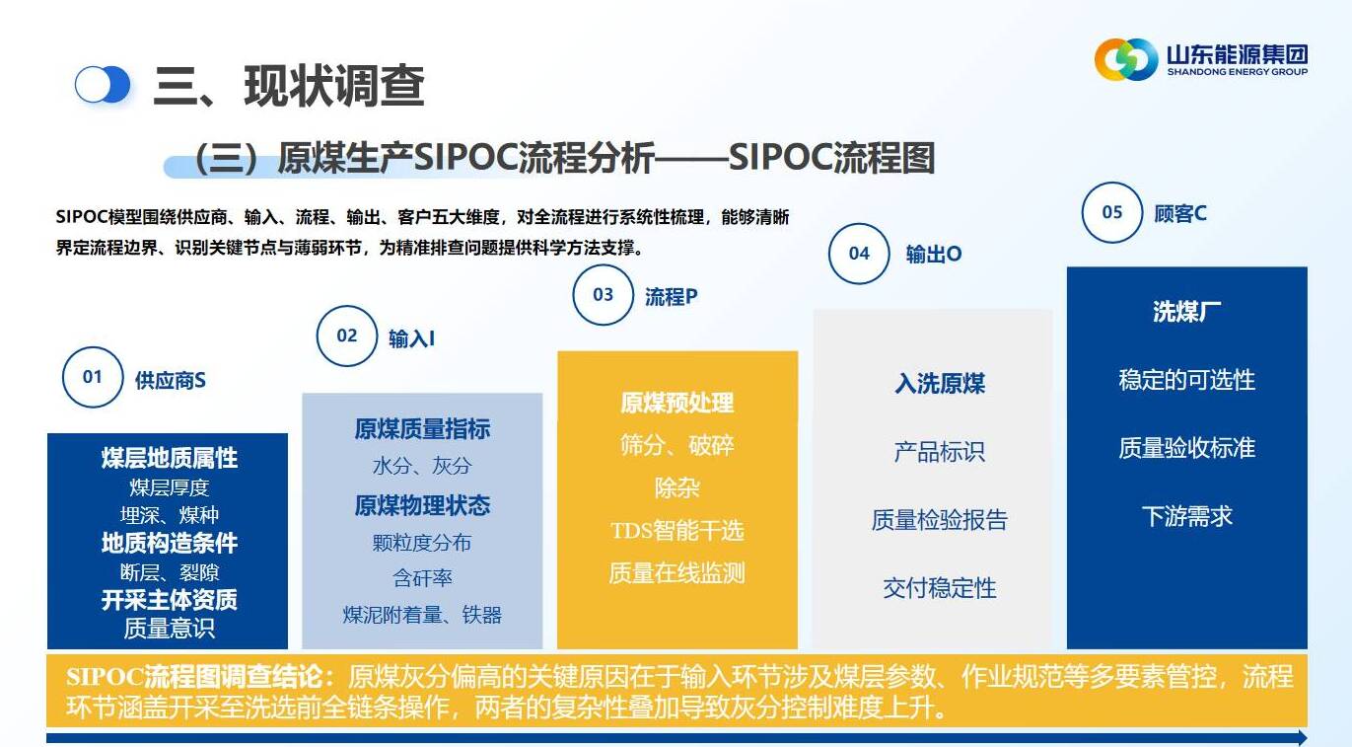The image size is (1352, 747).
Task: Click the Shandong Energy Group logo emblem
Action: tap(1126, 59)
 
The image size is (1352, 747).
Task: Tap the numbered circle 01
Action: tap(93, 377)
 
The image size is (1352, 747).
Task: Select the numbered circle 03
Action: tap(603, 295)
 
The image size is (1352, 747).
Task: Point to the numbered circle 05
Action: tap(1111, 212)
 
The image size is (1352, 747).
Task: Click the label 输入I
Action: tap(411, 338)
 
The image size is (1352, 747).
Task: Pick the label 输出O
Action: tap(934, 255)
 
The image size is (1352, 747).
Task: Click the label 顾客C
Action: tap(1180, 214)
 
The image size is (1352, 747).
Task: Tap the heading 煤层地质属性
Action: tap(169, 458)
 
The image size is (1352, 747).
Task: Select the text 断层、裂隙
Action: tap(169, 572)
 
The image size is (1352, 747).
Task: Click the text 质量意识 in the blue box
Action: tap(169, 629)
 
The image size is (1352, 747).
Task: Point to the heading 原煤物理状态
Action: tap(422, 505)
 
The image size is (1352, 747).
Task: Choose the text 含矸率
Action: tap(422, 578)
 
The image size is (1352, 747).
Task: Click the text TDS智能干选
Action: tap(677, 531)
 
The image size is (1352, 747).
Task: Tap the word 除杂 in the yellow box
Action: tap(677, 487)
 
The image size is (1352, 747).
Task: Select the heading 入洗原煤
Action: tap(940, 384)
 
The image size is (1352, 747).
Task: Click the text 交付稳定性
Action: tap(940, 588)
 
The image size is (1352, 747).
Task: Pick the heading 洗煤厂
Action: tap(1186, 312)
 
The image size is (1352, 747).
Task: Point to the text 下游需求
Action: tap(1186, 516)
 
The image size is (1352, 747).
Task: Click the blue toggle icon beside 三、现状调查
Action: tap(103, 85)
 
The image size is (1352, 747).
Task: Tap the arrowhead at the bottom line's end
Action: tap(1302, 737)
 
